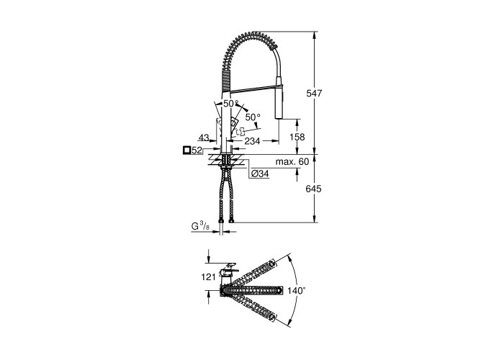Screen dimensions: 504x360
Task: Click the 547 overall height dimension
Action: pos(314,93)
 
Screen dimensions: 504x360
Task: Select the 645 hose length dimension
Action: pos(313,189)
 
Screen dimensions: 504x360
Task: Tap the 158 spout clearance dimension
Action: pos(297,137)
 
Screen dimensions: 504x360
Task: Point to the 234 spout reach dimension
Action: pos(252,141)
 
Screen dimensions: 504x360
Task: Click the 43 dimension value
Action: pos(203,138)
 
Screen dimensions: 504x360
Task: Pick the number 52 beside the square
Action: pos(197,150)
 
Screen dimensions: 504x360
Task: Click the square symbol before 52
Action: pos(186,150)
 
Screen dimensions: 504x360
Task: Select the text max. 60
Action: pos(292,161)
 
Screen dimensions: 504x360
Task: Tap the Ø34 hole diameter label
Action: pos(260,174)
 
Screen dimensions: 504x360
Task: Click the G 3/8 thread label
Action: pos(200,226)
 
